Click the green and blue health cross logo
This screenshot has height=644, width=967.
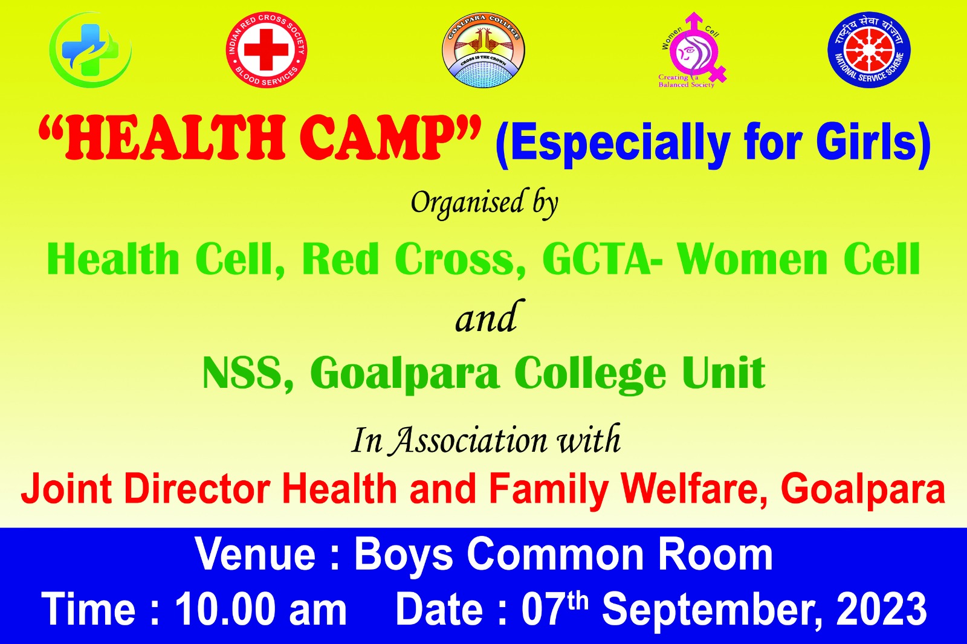pyautogui.click(x=90, y=50)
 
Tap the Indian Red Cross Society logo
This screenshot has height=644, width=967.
pyautogui.click(x=267, y=50)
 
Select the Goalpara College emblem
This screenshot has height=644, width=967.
pyautogui.click(x=483, y=50)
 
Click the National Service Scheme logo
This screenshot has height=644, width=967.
pyautogui.click(x=868, y=50)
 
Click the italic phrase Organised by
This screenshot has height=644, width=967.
pyautogui.click(x=484, y=203)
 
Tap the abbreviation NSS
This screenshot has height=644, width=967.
pyautogui.click(x=244, y=373)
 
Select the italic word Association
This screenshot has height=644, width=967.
pyautogui.click(x=469, y=440)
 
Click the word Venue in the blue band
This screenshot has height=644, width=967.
pyautogui.click(x=256, y=555)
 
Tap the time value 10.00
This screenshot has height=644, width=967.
pyautogui.click(x=225, y=610)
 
